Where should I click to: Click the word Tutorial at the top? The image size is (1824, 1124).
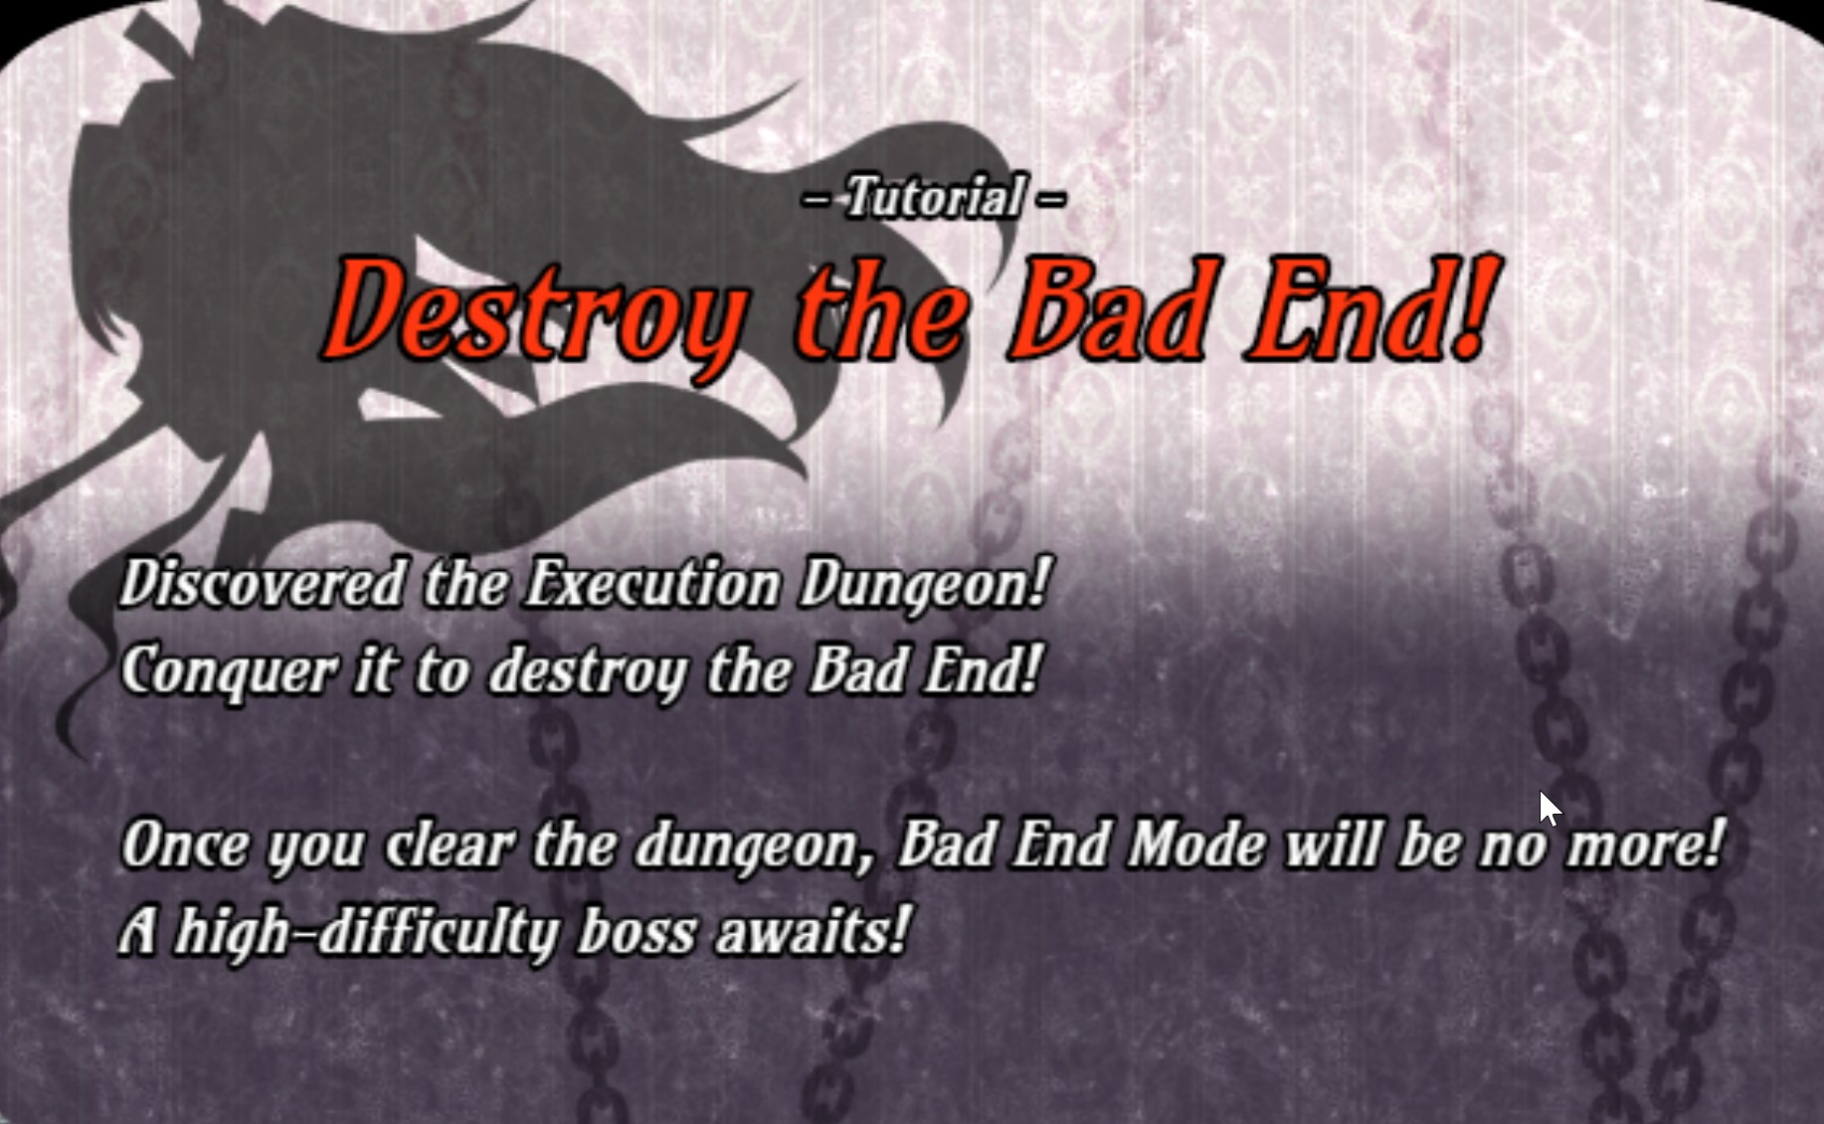coord(934,196)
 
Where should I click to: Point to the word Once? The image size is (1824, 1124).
coord(185,845)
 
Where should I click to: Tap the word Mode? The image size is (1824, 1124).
coord(1196,845)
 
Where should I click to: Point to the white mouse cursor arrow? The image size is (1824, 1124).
coord(1549,809)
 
